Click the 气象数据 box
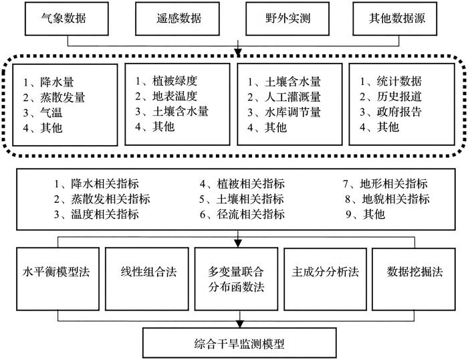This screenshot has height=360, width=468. point(67,19)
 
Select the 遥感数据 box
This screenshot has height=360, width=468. point(177,19)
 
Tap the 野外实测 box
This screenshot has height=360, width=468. point(287,19)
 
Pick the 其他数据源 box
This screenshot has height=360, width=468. point(395,19)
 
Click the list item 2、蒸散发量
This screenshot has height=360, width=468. point(54,98)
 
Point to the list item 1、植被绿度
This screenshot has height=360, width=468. point(166,81)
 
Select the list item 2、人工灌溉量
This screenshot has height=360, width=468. point(284,97)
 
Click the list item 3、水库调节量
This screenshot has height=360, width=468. point(284,112)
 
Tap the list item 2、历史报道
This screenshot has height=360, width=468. point(390,96)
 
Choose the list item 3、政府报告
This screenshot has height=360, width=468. point(390,112)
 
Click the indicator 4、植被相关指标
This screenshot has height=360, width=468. point(242,184)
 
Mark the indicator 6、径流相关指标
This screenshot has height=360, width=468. point(242,214)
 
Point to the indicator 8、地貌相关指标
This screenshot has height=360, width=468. point(387,199)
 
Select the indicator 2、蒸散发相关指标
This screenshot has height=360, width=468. point(102,199)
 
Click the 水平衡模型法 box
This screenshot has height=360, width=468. point(57,279)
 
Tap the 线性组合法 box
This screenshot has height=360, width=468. point(147,279)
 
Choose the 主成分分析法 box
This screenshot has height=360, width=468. point(326,279)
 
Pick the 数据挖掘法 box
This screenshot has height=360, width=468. point(414,279)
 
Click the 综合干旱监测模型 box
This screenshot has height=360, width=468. point(239,343)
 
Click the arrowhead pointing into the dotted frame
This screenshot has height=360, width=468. point(238,53)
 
